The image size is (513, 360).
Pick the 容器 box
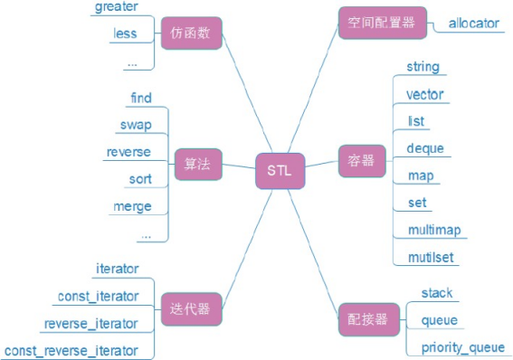pyautogui.click(x=361, y=161)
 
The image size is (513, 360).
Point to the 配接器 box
pyautogui.click(x=366, y=319)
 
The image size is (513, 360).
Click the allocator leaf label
pyautogui.click(x=473, y=24)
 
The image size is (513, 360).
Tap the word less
pyautogui.click(x=125, y=34)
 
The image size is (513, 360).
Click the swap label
pyautogui.click(x=135, y=124)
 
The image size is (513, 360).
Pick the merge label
pyautogui.click(x=132, y=206)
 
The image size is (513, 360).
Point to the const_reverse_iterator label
pyautogui.click(x=71, y=350)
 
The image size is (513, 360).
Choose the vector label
pyautogui.click(x=425, y=94)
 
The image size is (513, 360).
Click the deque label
pyautogui.click(x=425, y=148)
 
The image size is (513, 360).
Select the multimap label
pyautogui.click(x=434, y=230)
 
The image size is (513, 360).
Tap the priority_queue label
pyautogui.click(x=462, y=347)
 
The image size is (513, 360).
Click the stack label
pyautogui.click(x=437, y=293)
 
